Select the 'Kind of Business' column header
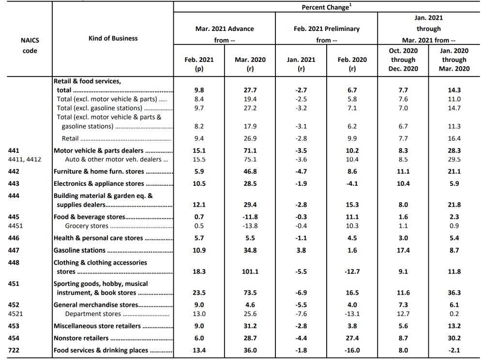[113, 38]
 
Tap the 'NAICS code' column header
[30, 45]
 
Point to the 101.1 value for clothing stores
[250, 271]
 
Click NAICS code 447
[14, 250]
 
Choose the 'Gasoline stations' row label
[79, 250]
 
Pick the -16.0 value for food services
[352, 350]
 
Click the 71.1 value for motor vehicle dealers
[250, 150]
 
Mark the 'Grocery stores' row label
[87, 226]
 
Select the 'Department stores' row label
[93, 314]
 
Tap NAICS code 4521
[15, 314]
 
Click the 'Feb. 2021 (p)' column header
[199, 64]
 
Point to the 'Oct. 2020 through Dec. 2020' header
[403, 60]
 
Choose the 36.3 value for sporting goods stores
[454, 292]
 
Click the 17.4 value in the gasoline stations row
[403, 250]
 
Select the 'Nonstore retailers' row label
[81, 338]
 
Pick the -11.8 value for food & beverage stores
[250, 217]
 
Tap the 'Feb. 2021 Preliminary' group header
[327, 29]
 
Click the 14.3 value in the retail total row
[454, 90]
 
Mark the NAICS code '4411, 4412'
[24, 160]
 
